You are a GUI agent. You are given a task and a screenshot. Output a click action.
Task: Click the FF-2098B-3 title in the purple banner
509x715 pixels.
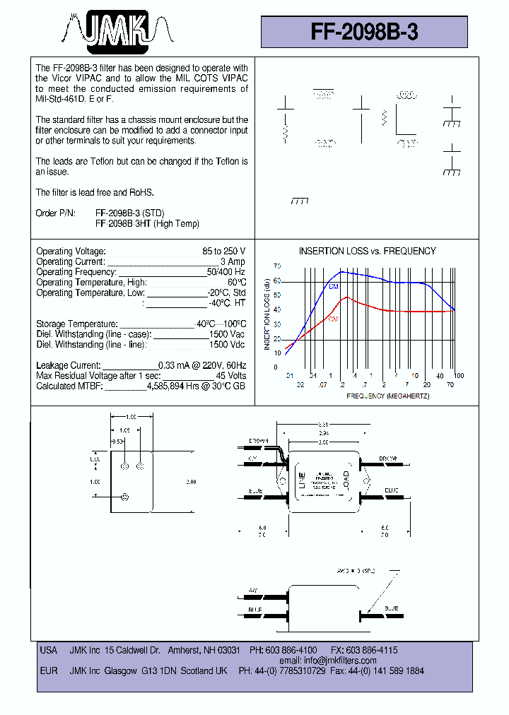point(364,32)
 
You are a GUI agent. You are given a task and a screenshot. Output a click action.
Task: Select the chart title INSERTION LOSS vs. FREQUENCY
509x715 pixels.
point(367,251)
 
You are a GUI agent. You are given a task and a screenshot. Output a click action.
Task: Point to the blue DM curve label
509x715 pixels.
point(334,286)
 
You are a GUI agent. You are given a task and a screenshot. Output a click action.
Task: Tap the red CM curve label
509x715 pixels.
point(332,319)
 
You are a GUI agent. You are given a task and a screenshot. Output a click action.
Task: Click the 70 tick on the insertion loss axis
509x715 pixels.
point(277,266)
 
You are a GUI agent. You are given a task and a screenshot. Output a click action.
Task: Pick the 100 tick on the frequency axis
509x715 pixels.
point(458,375)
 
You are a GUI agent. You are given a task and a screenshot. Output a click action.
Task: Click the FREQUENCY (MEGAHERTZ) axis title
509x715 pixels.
point(387,396)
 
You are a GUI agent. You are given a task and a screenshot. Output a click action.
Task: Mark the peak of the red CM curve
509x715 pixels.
point(346,297)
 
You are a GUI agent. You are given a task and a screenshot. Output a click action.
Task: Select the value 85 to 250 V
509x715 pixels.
point(223,252)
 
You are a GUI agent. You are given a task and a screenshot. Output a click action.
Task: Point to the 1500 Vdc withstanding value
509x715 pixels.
point(227,345)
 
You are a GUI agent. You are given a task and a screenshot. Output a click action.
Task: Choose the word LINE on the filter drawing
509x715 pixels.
point(301,480)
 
